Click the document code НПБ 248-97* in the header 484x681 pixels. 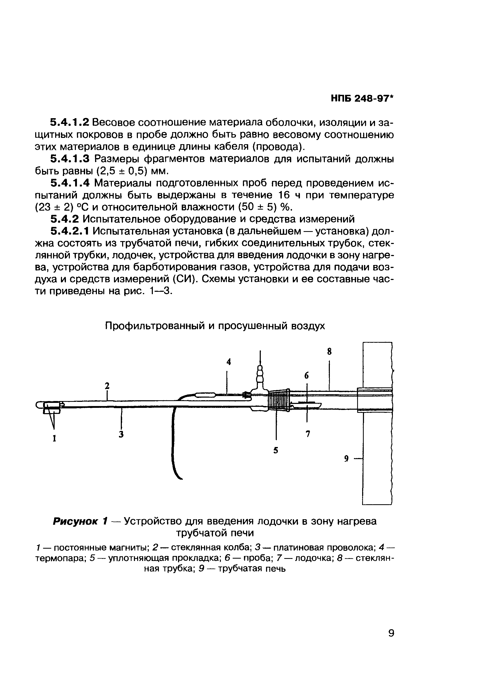tap(362, 98)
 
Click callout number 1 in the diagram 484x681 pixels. tap(55, 438)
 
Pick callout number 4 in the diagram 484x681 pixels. tap(228, 362)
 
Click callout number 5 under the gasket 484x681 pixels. tap(276, 450)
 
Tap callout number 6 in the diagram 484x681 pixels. tap(307, 376)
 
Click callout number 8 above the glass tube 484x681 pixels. tap(329, 352)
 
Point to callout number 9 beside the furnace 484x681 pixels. tap(346, 459)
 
